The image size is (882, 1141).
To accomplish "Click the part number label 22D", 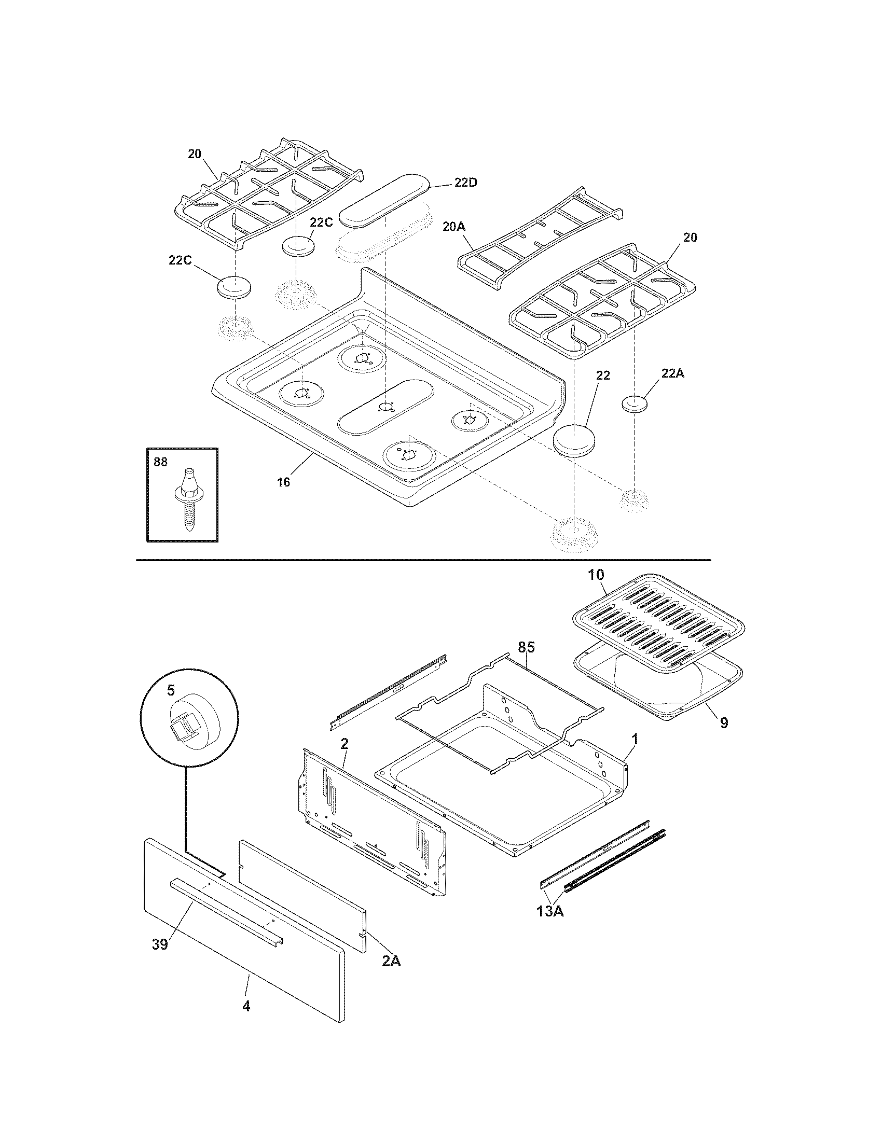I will (x=465, y=183).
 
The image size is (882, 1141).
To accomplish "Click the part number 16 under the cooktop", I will (x=283, y=482).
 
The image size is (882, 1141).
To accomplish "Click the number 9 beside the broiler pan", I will (x=723, y=723).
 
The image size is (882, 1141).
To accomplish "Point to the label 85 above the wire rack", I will (x=526, y=647).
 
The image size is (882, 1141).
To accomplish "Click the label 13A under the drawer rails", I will (x=549, y=912).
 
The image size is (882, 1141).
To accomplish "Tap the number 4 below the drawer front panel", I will (x=246, y=1006).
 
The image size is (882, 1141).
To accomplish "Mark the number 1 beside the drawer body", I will (x=635, y=739).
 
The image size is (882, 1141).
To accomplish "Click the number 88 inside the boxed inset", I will (x=160, y=462).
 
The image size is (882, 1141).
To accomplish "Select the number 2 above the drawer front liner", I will (x=344, y=744).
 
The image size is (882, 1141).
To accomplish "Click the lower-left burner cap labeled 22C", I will (x=233, y=287).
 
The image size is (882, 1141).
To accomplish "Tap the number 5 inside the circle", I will (x=170, y=690).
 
